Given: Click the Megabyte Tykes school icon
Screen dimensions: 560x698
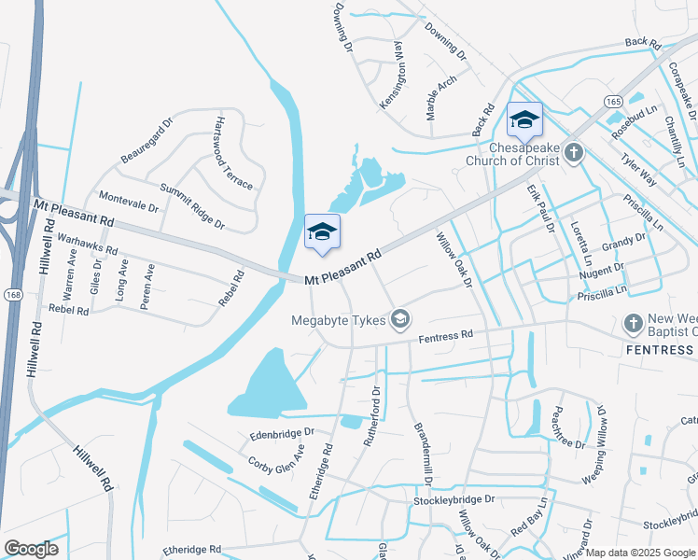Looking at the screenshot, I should (x=400, y=320).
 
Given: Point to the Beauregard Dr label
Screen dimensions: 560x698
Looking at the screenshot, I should (x=147, y=140).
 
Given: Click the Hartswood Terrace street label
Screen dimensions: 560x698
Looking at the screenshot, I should (x=233, y=153).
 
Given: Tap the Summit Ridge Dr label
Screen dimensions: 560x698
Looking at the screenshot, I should (x=192, y=207).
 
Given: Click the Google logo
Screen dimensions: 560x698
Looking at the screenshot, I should (x=31, y=549).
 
